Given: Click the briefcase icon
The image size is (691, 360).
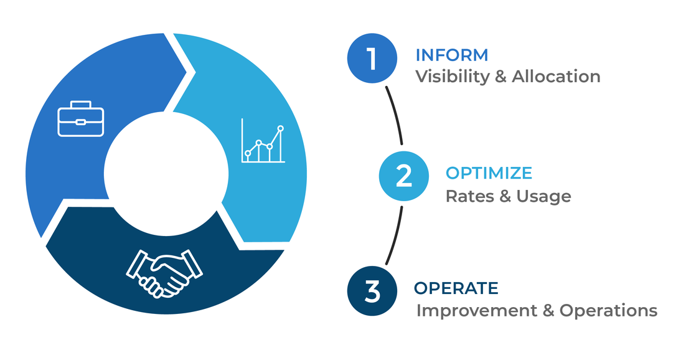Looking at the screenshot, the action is (81, 119).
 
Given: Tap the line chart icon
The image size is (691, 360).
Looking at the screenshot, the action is (263, 141).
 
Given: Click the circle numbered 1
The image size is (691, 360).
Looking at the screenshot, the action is (372, 59).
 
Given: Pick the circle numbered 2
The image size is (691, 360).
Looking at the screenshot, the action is (403, 176).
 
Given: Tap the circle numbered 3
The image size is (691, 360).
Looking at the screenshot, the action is (372, 291).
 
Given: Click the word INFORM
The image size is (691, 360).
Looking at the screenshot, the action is (452, 55).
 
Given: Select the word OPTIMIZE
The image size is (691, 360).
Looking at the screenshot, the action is (489, 173).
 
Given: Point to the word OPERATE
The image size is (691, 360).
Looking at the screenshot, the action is (456, 288).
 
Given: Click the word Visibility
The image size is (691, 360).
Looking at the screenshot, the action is (453, 77).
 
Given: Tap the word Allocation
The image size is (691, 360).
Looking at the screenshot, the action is (556, 77).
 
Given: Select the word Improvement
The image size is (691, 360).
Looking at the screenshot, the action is (476, 311).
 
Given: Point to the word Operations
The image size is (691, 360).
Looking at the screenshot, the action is (609, 311).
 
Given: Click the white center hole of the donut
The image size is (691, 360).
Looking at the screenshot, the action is (166, 173).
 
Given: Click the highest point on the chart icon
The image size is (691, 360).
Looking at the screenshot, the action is (280, 129).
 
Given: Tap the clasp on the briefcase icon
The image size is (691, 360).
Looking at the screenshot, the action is (81, 122).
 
